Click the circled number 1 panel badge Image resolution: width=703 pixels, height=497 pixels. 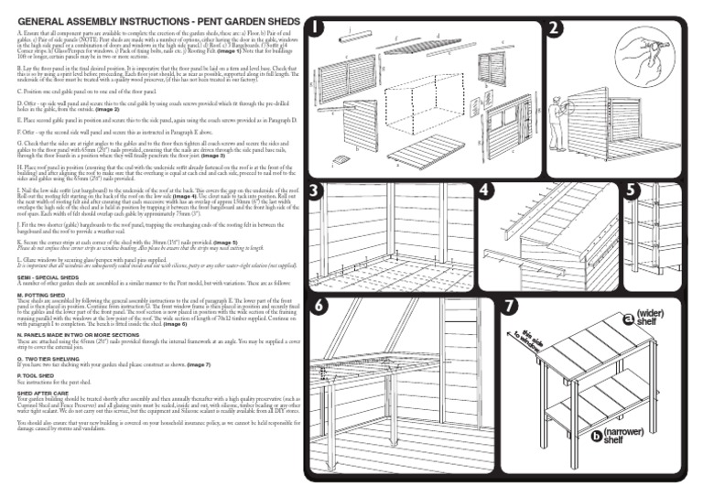(316, 27)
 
